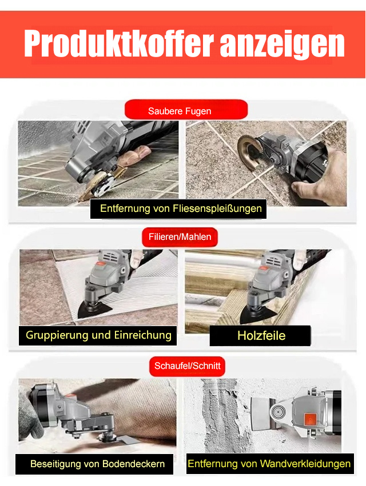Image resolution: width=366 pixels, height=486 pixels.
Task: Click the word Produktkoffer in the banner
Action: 119,44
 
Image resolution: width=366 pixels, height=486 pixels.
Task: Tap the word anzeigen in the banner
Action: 282,45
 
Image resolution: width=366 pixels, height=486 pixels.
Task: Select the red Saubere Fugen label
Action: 186,110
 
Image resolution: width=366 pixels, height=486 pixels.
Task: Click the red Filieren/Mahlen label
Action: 180,237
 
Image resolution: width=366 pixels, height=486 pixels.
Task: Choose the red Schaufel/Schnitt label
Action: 187,366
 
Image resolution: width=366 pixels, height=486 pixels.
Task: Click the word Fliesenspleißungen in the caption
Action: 217,208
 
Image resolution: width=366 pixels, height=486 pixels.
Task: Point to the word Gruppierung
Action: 57,336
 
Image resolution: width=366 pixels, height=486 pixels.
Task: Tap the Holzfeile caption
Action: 261,336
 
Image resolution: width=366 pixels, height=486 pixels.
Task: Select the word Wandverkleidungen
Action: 305,464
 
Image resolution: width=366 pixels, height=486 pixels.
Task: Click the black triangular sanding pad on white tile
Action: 96,311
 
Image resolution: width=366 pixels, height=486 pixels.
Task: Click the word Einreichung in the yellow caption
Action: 142,336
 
